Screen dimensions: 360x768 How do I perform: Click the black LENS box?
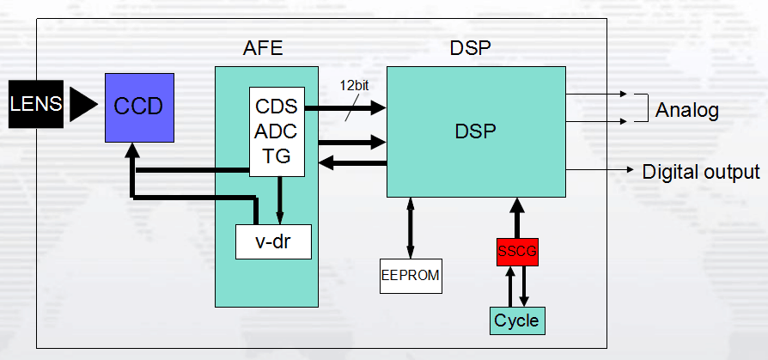pyautogui.click(x=35, y=104)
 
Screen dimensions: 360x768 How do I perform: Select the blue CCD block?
pyautogui.click(x=139, y=107)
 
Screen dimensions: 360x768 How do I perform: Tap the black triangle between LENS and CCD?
pyautogui.click(x=83, y=104)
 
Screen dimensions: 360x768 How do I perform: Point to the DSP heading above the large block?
pyautogui.click(x=471, y=48)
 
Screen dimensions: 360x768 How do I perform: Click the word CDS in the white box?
pyautogui.click(x=277, y=108)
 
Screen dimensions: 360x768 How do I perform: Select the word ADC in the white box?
pyautogui.click(x=277, y=132)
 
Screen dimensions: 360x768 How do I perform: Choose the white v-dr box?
pyautogui.click(x=272, y=241)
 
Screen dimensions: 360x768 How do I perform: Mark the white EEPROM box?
pyautogui.click(x=411, y=275)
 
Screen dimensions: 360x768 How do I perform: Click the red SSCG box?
pyautogui.click(x=517, y=252)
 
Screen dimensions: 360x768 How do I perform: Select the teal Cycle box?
pyautogui.click(x=517, y=320)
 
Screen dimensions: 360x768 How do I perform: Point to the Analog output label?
pyautogui.click(x=686, y=111)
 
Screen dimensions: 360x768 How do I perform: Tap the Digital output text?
pyautogui.click(x=700, y=171)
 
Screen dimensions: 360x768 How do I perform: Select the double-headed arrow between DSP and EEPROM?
pyautogui.click(x=411, y=227)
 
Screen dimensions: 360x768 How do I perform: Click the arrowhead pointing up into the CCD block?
pyautogui.click(x=131, y=149)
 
